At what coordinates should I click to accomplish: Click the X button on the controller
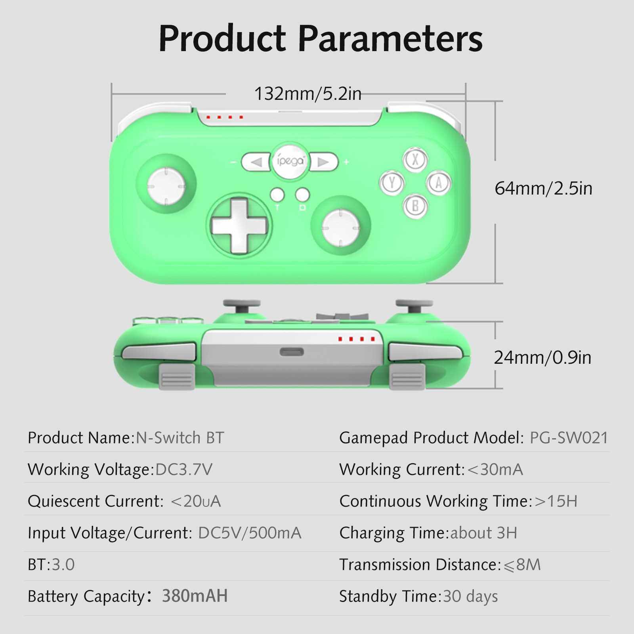[415, 159]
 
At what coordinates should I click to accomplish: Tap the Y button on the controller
[392, 183]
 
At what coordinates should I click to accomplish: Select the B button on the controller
[415, 206]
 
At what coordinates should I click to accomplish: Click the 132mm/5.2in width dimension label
[307, 94]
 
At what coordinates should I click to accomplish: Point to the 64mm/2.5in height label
[543, 188]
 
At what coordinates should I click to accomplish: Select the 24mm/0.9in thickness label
[542, 358]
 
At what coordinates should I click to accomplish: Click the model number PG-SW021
[569, 438]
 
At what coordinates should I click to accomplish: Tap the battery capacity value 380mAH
[195, 596]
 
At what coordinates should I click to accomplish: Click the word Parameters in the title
[390, 39]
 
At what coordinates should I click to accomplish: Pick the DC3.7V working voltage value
[184, 470]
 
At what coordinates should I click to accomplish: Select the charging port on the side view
[292, 352]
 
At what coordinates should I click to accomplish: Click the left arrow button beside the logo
[256, 162]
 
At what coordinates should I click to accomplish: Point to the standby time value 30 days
[470, 596]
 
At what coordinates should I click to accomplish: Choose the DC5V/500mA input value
[250, 533]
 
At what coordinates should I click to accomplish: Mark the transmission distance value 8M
[522, 565]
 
